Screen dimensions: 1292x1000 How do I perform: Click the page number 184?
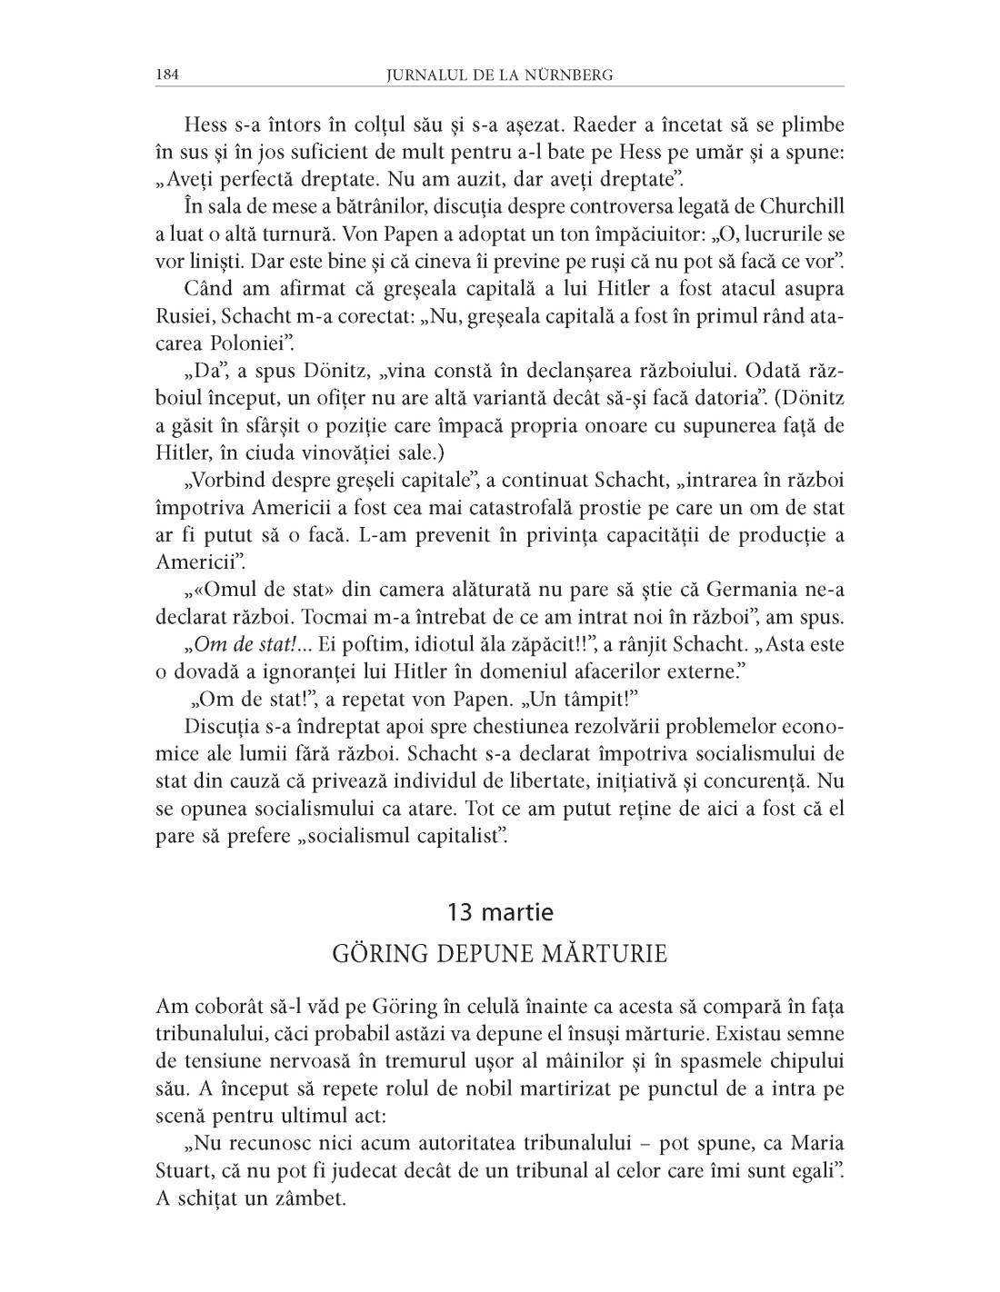[167, 75]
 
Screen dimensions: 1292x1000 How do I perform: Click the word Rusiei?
[185, 316]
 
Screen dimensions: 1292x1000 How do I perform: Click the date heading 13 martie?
[500, 911]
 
